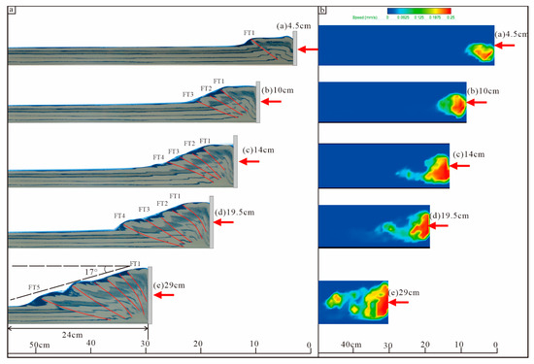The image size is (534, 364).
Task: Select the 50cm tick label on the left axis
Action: tap(39, 345)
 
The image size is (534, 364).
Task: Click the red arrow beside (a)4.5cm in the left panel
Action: tap(310, 49)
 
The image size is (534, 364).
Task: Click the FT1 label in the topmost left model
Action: tap(249, 33)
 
